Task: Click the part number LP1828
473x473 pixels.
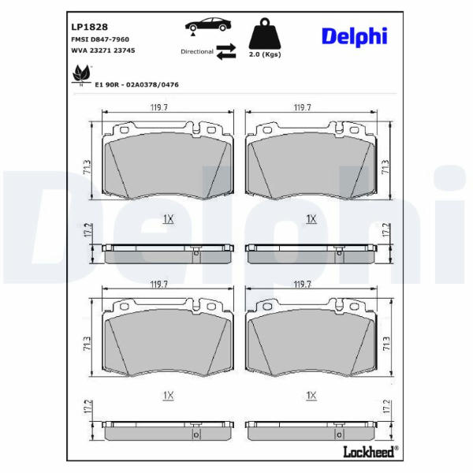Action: tap(89, 27)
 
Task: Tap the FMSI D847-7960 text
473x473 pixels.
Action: tap(100, 39)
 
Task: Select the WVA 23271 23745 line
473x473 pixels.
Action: tap(103, 50)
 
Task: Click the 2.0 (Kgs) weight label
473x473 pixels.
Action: tap(265, 54)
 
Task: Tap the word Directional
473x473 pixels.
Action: tap(197, 51)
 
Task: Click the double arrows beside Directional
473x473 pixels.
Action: tap(226, 51)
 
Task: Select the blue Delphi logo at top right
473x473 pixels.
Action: tap(355, 37)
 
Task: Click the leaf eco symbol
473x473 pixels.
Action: tap(81, 75)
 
